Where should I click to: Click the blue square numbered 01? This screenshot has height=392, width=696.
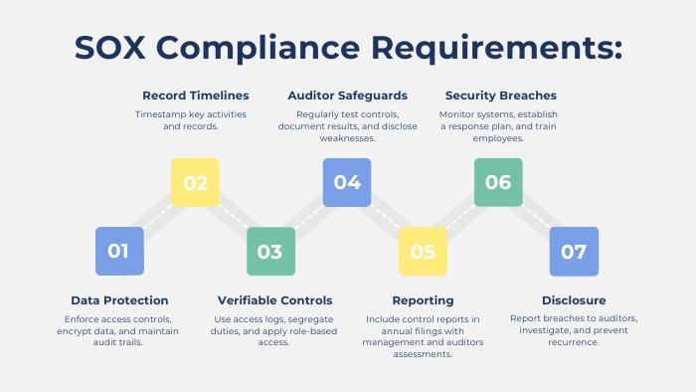(x=119, y=251)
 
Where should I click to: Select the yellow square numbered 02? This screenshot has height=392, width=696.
(x=195, y=183)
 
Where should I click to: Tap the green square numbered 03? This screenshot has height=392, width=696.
(x=270, y=251)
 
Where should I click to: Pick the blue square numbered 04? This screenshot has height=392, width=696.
(x=347, y=183)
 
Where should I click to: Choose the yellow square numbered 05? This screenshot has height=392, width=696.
(x=423, y=251)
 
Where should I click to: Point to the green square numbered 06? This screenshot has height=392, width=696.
(x=498, y=183)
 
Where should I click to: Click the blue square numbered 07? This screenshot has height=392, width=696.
(x=574, y=251)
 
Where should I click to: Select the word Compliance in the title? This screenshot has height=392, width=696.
(x=261, y=48)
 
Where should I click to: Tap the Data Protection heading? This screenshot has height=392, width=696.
(x=119, y=300)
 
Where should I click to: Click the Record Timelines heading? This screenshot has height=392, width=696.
(x=195, y=96)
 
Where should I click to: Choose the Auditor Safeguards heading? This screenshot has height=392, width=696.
(x=347, y=96)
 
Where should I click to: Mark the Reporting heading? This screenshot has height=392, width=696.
(x=423, y=300)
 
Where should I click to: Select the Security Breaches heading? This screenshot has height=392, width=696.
(x=500, y=96)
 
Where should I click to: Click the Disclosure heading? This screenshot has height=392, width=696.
(x=574, y=300)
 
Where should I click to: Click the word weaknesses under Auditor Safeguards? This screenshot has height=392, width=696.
(x=347, y=138)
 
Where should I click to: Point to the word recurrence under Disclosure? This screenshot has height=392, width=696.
(x=573, y=342)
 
